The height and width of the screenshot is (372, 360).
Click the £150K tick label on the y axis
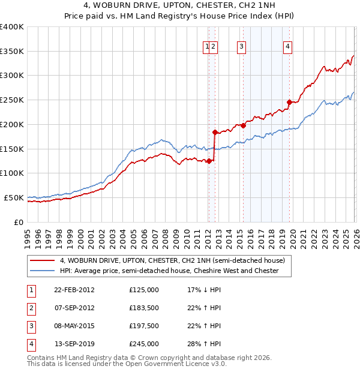[12, 149]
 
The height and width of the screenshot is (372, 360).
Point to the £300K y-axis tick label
[12, 76]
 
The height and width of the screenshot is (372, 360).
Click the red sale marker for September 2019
[289, 102]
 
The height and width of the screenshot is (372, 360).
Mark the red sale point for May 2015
[243, 125]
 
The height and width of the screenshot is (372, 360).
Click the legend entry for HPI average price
[169, 271]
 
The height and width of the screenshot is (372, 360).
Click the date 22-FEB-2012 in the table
[74, 290]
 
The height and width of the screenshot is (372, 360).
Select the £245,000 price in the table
[144, 344]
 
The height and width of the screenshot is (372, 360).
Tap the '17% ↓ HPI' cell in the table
[204, 290]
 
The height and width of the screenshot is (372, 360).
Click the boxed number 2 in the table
[31, 308]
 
